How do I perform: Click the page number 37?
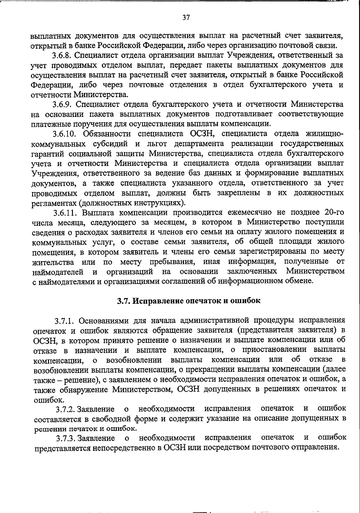[186, 18]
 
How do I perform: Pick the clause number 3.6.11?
[66, 213]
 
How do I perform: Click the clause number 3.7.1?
[65, 321]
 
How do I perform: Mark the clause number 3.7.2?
[66, 409]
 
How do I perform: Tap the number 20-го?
[330, 213]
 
